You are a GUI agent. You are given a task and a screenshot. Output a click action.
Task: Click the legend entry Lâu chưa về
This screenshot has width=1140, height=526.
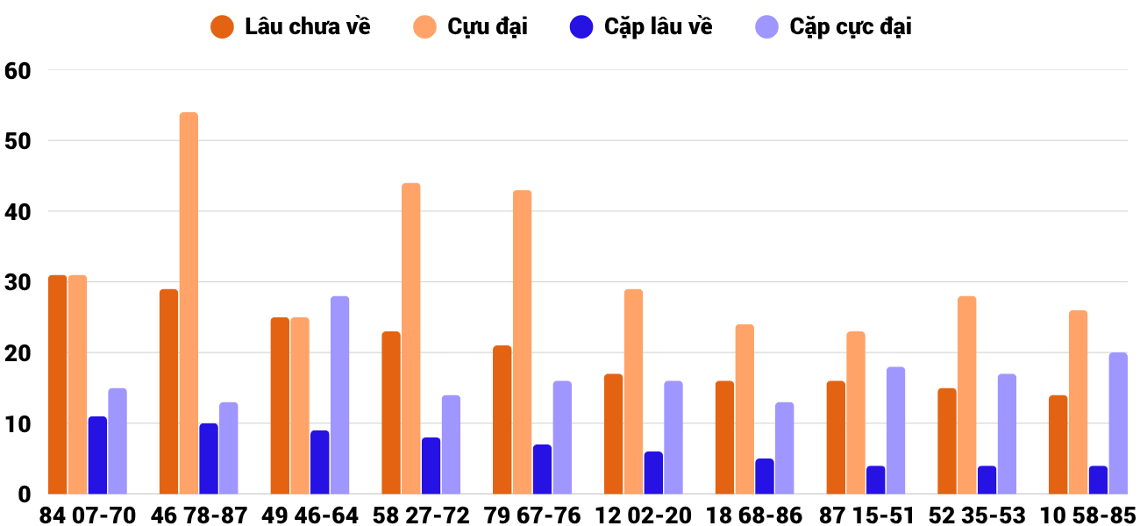click(x=290, y=27)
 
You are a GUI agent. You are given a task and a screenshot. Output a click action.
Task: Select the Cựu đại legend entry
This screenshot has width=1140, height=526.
click(x=470, y=27)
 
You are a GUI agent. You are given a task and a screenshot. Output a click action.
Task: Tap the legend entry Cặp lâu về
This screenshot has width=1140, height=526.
click(x=641, y=27)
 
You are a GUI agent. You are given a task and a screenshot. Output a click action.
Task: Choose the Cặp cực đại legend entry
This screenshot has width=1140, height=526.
click(x=833, y=27)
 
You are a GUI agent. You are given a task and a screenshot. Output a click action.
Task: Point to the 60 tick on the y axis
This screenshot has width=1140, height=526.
click(x=18, y=71)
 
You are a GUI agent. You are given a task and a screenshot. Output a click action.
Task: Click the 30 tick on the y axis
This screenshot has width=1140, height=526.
click(x=18, y=282)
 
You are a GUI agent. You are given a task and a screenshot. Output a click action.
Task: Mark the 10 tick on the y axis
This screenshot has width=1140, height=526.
click(x=18, y=423)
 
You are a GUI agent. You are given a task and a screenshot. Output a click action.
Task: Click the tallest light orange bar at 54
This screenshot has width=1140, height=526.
click(x=189, y=303)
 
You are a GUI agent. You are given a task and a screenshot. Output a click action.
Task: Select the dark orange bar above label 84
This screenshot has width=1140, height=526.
click(x=58, y=385)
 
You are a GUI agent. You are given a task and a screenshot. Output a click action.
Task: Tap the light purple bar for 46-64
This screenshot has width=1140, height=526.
click(x=340, y=395)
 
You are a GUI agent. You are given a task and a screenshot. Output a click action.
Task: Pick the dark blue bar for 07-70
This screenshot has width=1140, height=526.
click(x=97, y=455)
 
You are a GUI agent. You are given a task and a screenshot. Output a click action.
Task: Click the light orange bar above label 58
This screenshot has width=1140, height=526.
click(x=411, y=338)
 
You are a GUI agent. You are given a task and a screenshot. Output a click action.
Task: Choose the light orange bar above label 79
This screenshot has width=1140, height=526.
click(x=522, y=343)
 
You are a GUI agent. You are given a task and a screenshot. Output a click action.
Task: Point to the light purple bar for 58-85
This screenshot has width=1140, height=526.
click(x=1118, y=423)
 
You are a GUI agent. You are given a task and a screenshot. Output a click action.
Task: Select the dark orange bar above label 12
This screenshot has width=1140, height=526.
click(x=613, y=434)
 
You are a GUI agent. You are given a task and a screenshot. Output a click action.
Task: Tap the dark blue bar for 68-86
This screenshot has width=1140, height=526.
click(x=765, y=476)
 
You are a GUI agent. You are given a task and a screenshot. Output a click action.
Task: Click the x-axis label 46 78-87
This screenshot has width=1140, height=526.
click(x=198, y=515)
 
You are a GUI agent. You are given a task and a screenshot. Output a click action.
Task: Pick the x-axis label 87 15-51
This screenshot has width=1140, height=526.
click(x=866, y=515)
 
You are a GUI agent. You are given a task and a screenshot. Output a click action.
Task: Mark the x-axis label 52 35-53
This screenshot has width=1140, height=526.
click(x=977, y=515)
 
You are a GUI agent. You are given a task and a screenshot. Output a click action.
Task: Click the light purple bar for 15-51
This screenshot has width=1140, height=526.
click(x=895, y=430)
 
